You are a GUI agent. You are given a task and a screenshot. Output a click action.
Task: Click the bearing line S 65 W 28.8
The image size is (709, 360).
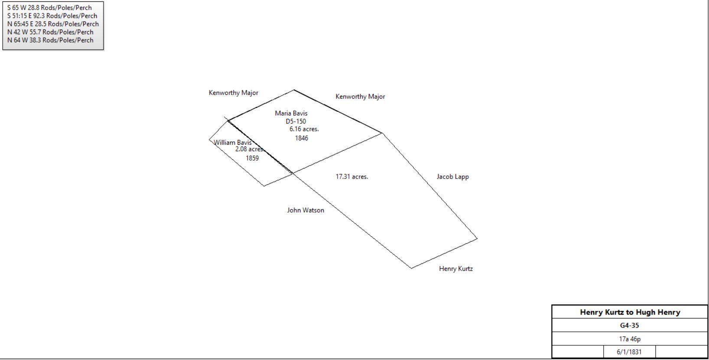coord(49,8)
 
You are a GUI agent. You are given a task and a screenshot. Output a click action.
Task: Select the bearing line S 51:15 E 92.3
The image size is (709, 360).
coord(52,16)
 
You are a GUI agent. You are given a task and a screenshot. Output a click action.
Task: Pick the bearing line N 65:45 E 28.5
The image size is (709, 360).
coord(53,24)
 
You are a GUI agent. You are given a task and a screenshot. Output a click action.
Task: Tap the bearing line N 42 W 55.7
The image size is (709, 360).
coord(50,32)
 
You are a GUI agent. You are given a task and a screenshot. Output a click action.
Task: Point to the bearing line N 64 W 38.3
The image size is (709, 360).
coord(50,40)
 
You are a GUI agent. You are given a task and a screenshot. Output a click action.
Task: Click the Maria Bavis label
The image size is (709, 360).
coord(291,113)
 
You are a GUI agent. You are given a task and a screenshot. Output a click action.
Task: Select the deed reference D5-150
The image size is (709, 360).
coord(296,121)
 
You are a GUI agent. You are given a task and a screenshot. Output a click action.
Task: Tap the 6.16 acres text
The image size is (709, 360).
coord(304,129)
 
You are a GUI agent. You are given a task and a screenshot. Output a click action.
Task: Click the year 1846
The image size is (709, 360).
coord(302,138)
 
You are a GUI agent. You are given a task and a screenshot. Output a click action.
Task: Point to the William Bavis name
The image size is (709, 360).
coord(233,143)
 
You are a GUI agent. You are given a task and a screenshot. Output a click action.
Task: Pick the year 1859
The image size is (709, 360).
coord(252,158)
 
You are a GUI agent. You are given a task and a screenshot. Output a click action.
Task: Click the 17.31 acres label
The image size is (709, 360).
coord(352,176)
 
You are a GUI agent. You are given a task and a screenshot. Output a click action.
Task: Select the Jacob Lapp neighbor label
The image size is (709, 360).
coord(452,177)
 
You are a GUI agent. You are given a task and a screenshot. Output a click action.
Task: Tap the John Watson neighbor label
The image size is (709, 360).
coord(306,210)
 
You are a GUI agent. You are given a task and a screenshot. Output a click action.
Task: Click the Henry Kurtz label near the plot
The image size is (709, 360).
coord(456,269)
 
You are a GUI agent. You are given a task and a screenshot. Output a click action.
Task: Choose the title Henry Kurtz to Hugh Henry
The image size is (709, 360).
coord(630,312)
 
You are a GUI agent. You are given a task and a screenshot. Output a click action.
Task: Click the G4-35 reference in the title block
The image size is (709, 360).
coord(630,325)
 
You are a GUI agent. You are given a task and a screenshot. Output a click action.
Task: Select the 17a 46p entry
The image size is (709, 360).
coord(630,339)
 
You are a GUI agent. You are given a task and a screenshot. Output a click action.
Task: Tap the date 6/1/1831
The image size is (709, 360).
coord(629,352)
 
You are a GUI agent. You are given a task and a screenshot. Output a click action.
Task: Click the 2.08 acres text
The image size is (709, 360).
coord(250,149)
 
